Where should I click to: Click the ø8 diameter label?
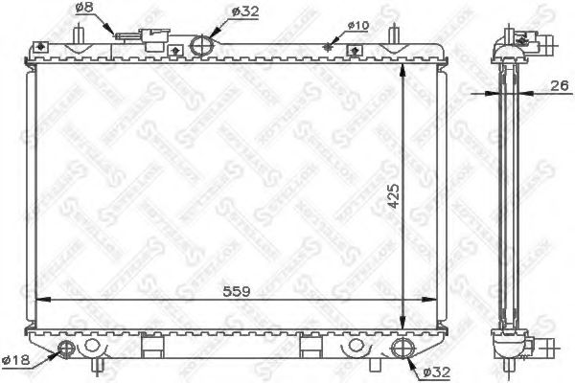[83, 9]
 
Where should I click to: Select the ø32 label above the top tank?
[244, 11]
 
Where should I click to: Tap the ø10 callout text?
[356, 26]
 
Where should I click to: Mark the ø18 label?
[16, 360]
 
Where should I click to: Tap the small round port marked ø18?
[67, 346]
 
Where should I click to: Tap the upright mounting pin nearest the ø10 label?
[393, 34]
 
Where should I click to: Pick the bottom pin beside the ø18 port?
[96, 363]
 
